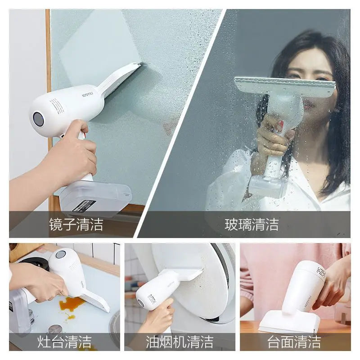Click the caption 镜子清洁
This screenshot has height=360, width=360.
(76, 224)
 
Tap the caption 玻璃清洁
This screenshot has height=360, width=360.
(252, 224)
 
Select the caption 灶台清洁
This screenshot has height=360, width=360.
(64, 342)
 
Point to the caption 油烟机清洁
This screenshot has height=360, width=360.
(180, 342)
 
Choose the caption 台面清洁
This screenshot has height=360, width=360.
(294, 342)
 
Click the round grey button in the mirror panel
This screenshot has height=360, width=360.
(38, 119)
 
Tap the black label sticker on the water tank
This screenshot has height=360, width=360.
(84, 206)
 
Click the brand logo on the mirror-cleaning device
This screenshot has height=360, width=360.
(87, 94)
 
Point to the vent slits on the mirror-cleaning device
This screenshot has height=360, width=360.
(57, 106)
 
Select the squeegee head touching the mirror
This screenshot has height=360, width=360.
(119, 79)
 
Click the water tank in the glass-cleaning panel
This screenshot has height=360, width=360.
(269, 186)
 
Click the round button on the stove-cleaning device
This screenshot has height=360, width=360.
(60, 255)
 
